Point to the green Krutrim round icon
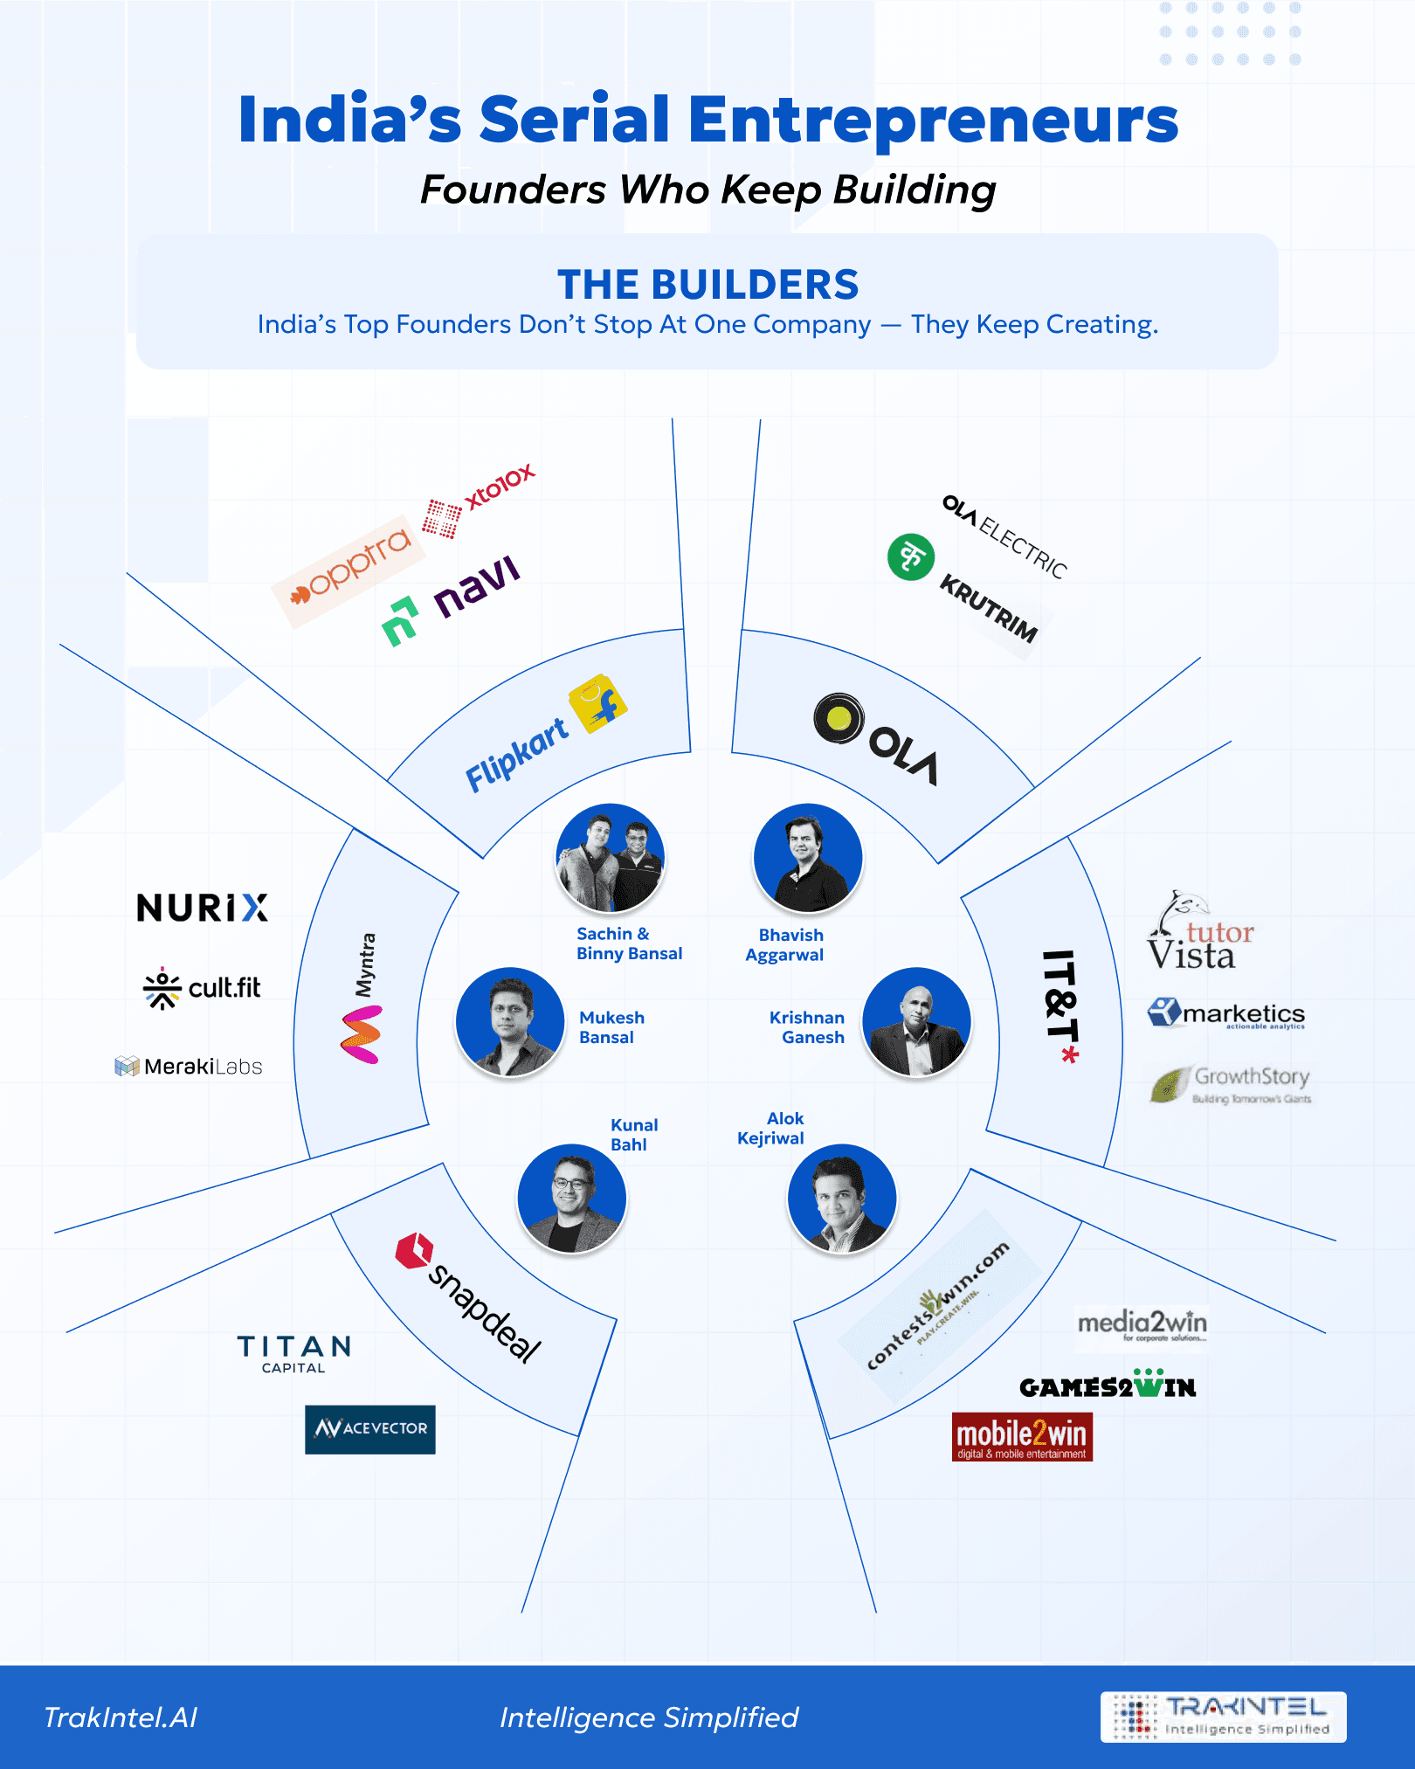point(910,557)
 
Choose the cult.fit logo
point(202,988)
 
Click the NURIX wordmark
point(202,908)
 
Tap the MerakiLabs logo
point(189,1066)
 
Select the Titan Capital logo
point(293,1352)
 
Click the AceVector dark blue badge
point(369,1429)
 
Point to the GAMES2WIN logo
point(1108,1385)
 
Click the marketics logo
point(1226,1013)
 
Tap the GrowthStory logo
point(1232,1084)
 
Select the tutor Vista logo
point(1198,933)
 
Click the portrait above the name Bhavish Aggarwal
point(808,858)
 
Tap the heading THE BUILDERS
point(707,285)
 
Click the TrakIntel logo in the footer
point(1223,1717)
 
